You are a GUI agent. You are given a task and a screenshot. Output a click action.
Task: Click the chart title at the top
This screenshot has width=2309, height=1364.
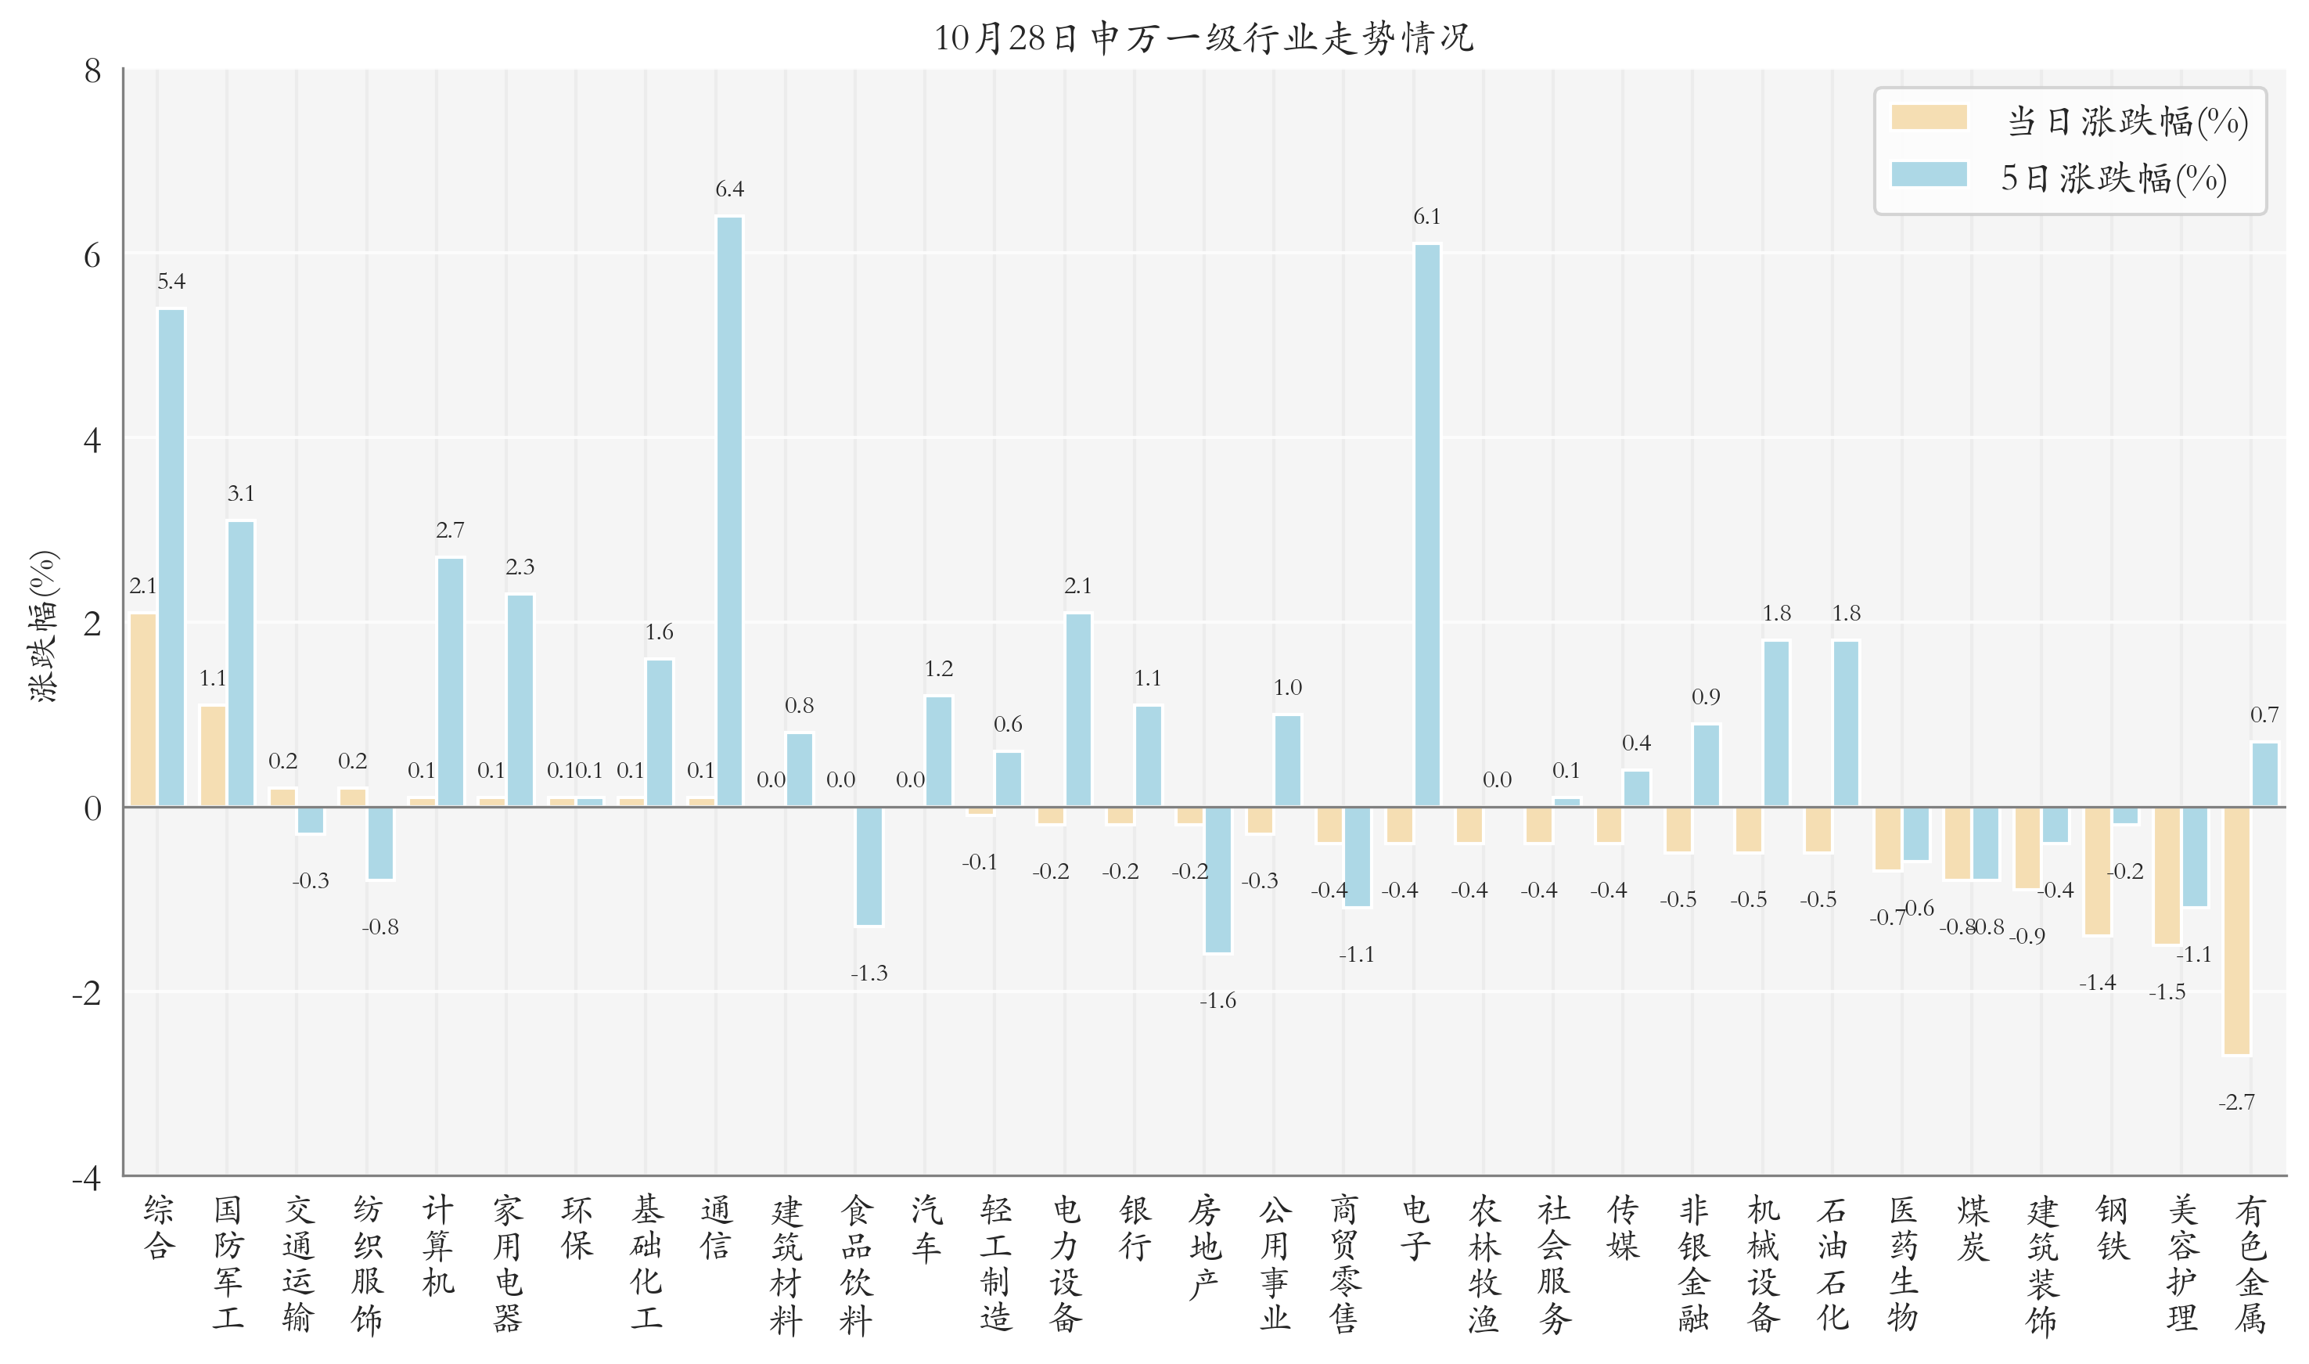[x=1203, y=38]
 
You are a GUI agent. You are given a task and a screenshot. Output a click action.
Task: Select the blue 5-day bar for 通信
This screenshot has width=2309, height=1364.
[x=729, y=511]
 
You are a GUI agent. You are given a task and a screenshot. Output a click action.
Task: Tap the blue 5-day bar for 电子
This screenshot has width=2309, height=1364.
[x=1427, y=525]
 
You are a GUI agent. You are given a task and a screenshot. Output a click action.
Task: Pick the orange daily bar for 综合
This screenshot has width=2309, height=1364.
[x=143, y=710]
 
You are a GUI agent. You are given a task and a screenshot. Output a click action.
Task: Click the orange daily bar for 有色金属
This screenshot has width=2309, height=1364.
[x=2236, y=930]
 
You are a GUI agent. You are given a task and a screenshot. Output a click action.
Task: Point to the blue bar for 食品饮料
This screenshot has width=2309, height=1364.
[x=869, y=866]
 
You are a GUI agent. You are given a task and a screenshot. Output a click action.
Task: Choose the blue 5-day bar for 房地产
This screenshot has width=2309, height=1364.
[x=1217, y=880]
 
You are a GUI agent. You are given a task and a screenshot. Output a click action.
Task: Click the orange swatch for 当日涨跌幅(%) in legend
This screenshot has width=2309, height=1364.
[x=1929, y=117]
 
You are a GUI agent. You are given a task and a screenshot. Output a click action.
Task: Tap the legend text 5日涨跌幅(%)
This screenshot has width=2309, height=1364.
[x=2113, y=178]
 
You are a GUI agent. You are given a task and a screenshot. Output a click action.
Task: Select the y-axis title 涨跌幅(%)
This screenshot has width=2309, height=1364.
[x=44, y=626]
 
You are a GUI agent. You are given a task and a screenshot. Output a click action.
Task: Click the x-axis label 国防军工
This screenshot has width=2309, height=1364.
[x=228, y=1263]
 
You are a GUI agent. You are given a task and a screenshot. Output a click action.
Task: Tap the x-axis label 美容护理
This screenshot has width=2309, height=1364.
[x=2182, y=1263]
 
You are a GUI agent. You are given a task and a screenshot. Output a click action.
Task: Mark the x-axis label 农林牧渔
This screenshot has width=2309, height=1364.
[x=1484, y=1263]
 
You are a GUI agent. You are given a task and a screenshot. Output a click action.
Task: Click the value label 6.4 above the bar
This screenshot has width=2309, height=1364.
[x=729, y=189]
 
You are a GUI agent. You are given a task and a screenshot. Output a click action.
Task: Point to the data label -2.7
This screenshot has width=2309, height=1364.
[x=2236, y=1102]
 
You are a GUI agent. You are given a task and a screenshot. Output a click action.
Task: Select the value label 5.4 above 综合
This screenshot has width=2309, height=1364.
[x=171, y=281]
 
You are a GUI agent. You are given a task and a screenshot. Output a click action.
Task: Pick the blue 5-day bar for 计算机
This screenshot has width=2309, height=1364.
[x=450, y=682]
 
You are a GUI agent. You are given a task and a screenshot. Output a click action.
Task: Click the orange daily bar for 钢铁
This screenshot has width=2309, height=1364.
[x=2098, y=870]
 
